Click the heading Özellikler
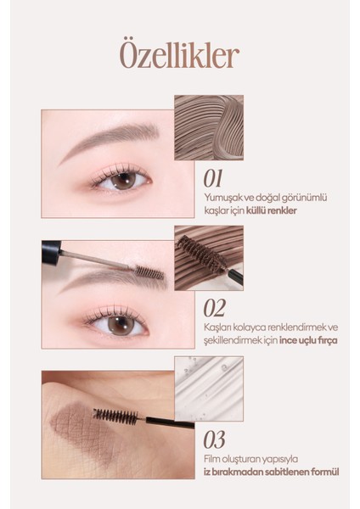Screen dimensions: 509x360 click(x=179, y=55)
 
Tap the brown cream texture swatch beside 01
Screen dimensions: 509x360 click(x=209, y=127)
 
